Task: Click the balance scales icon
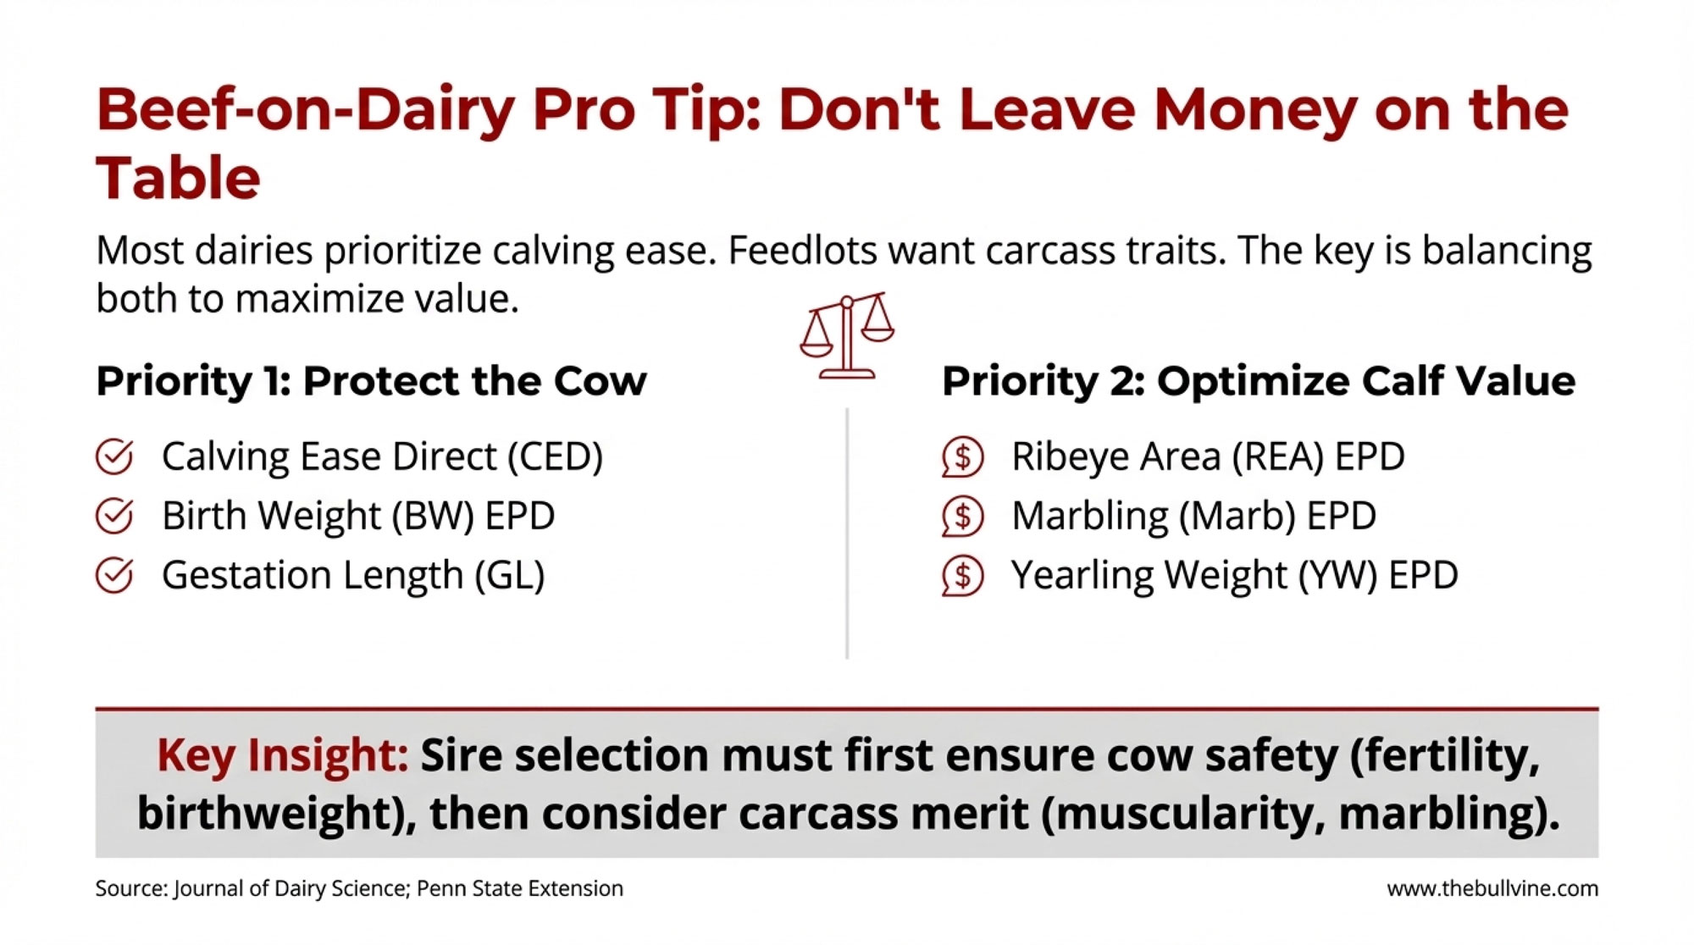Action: pyautogui.click(x=846, y=336)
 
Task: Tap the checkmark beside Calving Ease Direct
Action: pyautogui.click(x=114, y=457)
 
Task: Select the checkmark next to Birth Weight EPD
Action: pyautogui.click(x=114, y=517)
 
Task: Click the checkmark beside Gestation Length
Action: pyautogui.click(x=114, y=576)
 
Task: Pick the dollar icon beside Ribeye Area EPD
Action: pyautogui.click(x=963, y=457)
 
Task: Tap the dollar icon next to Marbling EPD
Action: pyautogui.click(x=963, y=517)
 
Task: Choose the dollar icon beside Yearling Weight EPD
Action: pyautogui.click(x=963, y=576)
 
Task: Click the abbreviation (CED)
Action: pyautogui.click(x=555, y=457)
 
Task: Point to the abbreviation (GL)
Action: pyautogui.click(x=509, y=576)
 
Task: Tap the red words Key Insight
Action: pyautogui.click(x=283, y=754)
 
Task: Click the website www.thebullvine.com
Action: pyautogui.click(x=1492, y=888)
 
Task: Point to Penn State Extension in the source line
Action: pyautogui.click(x=520, y=888)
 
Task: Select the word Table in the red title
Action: pyautogui.click(x=178, y=179)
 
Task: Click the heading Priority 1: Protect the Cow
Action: pyautogui.click(x=371, y=381)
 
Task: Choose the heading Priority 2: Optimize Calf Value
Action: pyautogui.click(x=1258, y=381)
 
